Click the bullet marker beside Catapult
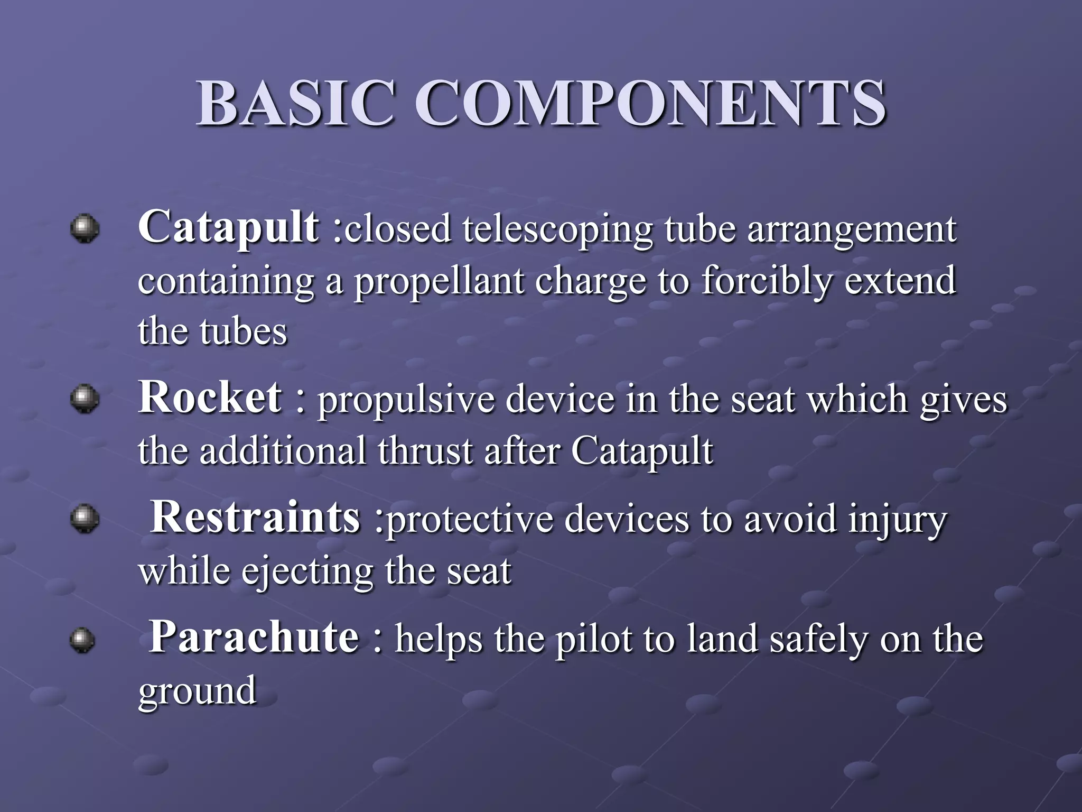click(x=85, y=228)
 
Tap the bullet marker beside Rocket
click(x=85, y=399)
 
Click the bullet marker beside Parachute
click(x=82, y=640)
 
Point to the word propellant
click(x=439, y=282)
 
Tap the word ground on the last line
click(x=198, y=691)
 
